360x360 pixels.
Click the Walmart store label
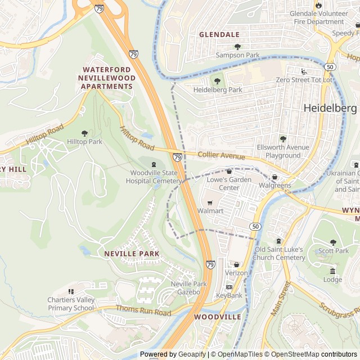point(210,210)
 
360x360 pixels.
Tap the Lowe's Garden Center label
point(229,183)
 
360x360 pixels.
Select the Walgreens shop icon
point(275,177)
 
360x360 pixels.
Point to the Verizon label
point(236,273)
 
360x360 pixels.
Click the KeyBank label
point(229,295)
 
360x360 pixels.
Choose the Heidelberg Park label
point(218,89)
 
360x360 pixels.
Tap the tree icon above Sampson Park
point(237,47)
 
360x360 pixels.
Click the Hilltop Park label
point(84,142)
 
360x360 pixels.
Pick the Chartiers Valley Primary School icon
point(71,291)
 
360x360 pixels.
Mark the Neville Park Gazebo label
point(186,288)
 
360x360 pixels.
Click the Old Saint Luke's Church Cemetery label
point(280,253)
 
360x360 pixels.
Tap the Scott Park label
point(333,250)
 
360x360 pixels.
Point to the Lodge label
point(332,279)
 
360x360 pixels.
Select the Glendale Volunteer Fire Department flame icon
point(319,5)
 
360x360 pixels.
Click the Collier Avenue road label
point(221,155)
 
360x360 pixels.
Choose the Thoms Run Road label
point(143,310)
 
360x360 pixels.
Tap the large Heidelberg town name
point(330,107)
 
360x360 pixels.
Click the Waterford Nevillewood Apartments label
point(107,78)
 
